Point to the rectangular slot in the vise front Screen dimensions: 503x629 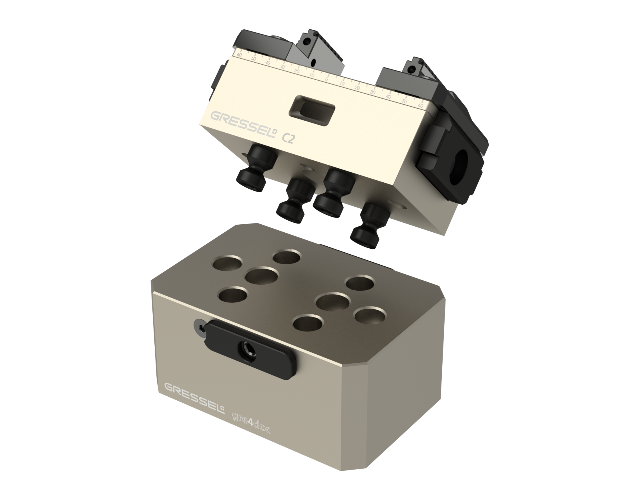(x=312, y=111)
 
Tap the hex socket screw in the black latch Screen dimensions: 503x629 (x=247, y=352)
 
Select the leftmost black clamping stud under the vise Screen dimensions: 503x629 (x=254, y=169)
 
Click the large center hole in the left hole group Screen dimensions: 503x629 (x=262, y=276)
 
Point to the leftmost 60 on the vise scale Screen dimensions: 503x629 (x=240, y=55)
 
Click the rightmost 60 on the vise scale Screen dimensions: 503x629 (x=420, y=105)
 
